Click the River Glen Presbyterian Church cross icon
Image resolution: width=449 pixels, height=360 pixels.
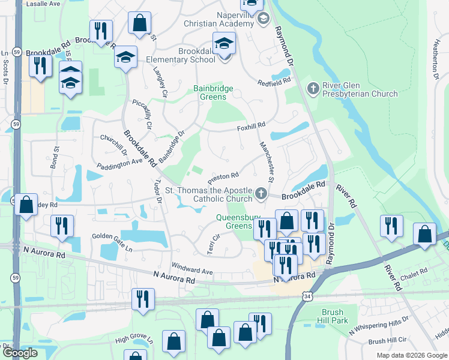click(313, 89)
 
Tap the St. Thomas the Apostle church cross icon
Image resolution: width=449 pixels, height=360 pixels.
click(261, 193)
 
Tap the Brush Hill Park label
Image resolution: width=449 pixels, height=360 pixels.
click(334, 316)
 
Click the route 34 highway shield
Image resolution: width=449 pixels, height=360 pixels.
click(307, 296)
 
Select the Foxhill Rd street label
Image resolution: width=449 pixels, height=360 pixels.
click(251, 126)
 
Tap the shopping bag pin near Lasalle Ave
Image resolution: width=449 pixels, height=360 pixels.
click(139, 23)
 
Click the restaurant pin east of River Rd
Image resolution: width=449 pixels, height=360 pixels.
click(391, 226)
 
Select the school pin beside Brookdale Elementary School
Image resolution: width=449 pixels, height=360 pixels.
click(224, 44)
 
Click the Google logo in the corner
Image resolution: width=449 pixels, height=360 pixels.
click(19, 353)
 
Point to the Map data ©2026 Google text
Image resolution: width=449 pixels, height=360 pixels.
click(411, 355)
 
